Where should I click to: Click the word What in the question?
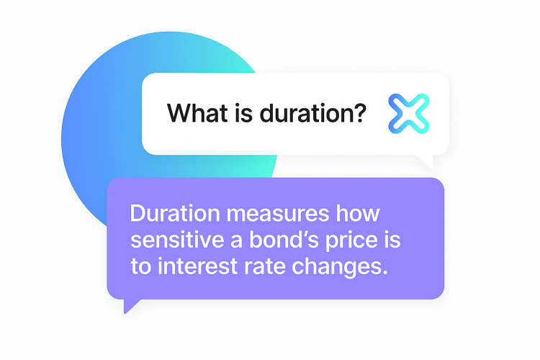coord(197,113)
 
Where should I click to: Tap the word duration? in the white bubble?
coord(312,113)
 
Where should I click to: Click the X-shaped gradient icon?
coord(409,114)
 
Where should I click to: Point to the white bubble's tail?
coord(426,161)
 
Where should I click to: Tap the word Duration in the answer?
coord(175,214)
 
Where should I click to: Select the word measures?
coord(278,214)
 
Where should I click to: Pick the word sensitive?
coord(177,240)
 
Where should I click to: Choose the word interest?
coord(198,266)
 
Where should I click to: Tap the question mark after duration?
coord(359,112)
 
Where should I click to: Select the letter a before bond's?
coord(237,241)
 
